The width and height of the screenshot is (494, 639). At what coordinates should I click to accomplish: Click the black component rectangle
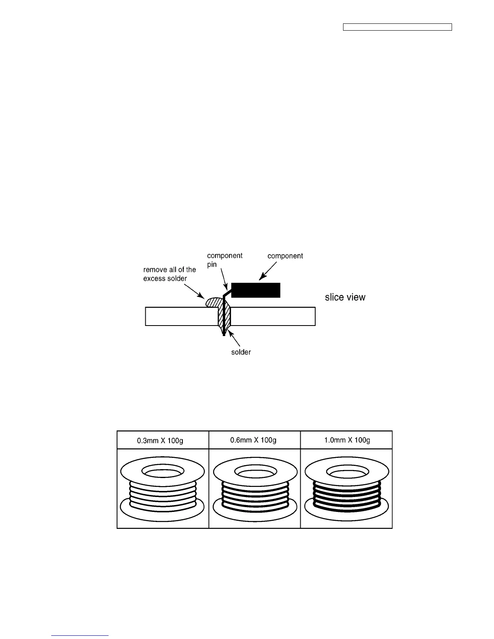point(255,290)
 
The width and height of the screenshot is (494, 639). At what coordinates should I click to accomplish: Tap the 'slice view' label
point(345,297)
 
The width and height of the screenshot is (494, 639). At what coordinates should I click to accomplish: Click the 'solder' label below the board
point(241,352)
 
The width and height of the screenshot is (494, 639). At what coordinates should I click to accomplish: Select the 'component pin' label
point(224,260)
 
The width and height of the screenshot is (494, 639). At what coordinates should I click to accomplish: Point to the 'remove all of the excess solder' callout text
point(170,274)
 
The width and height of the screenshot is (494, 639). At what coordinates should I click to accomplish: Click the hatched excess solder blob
point(213,302)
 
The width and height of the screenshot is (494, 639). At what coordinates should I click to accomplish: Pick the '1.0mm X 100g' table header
point(346,440)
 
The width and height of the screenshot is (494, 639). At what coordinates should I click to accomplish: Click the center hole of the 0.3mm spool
point(162,471)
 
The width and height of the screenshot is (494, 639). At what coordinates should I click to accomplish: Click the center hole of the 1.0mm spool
point(346,471)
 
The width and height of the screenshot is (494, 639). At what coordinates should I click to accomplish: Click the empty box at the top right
point(397,27)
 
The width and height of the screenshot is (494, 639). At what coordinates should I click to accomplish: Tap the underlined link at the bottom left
point(80,635)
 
